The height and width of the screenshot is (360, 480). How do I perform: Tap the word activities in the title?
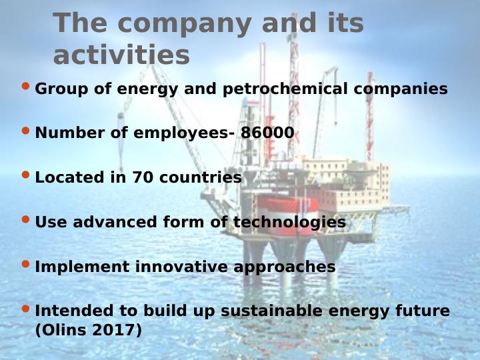121,55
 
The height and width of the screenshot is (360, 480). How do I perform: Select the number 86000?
267,133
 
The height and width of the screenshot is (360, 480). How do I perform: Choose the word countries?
201,178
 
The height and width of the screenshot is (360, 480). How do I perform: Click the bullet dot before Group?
25,86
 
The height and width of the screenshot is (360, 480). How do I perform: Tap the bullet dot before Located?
25,175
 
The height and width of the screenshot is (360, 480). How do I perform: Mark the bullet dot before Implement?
25,264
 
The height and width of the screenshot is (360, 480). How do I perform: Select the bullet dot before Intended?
25,308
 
